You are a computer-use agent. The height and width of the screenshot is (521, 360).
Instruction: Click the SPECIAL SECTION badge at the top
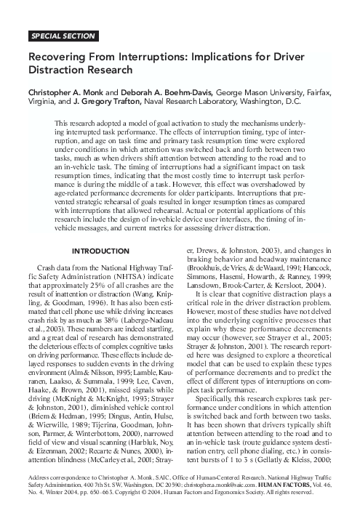(63, 35)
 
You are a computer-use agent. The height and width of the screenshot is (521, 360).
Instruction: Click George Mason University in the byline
(263, 94)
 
